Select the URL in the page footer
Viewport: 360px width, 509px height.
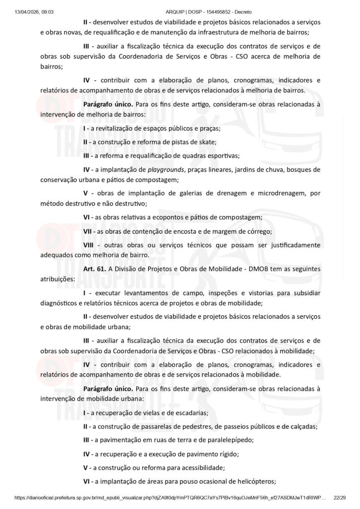170,498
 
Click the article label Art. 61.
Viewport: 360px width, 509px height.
93,268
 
